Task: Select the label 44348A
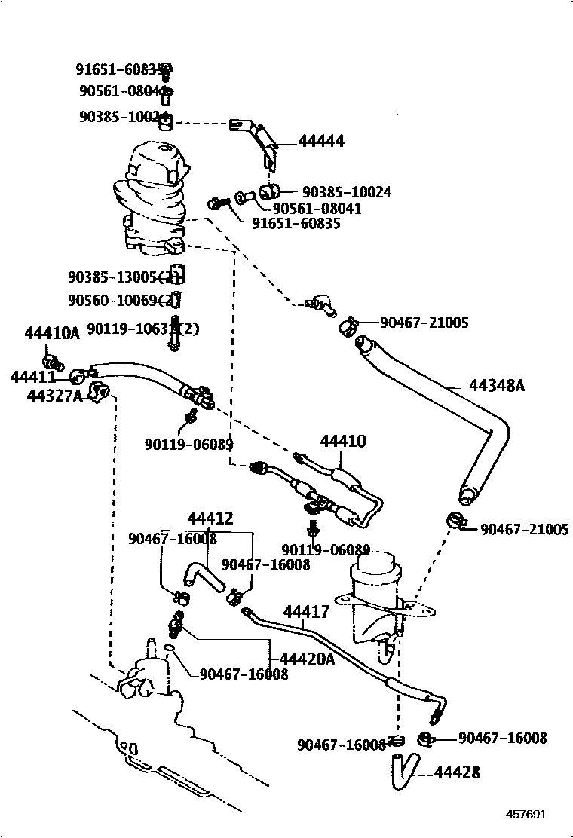coord(496,386)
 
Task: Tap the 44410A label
coord(51,334)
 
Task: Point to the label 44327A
coord(54,396)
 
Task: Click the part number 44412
coord(210,518)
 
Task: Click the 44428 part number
coord(457,772)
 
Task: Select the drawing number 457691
coord(526,815)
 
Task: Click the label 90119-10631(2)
coord(143,329)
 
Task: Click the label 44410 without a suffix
coord(343,441)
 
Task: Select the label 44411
coord(32,377)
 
